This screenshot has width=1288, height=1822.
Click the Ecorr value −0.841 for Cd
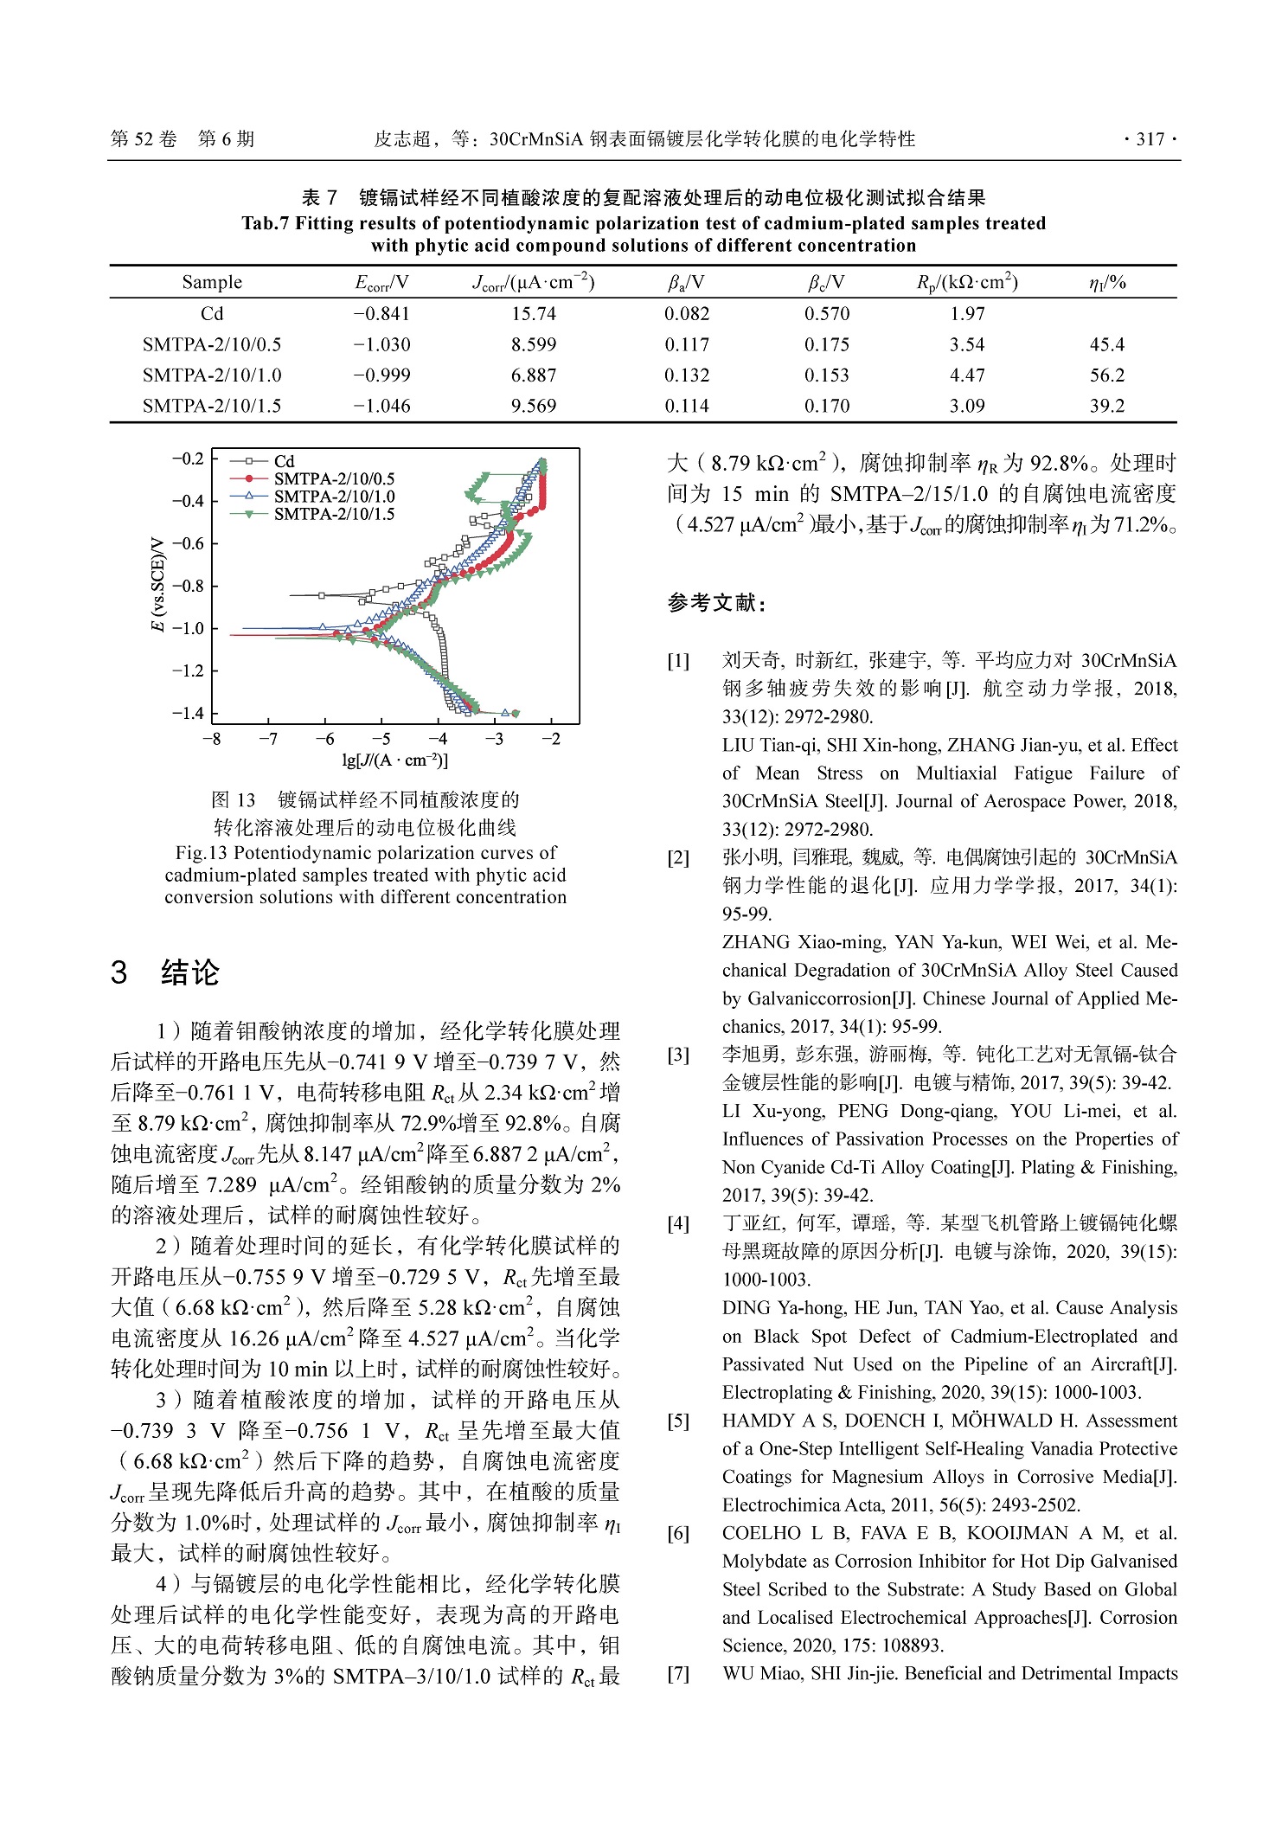[x=381, y=314]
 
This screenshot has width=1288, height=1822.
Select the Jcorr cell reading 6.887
[x=533, y=375]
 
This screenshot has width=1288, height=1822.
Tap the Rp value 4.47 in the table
[x=966, y=375]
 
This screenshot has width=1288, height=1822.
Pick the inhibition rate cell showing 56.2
[x=1106, y=375]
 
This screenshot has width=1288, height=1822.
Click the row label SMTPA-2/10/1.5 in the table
[x=212, y=406]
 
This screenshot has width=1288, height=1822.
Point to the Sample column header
[x=212, y=283]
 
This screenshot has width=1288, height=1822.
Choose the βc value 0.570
[x=827, y=314]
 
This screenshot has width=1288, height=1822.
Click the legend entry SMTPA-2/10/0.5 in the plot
[x=334, y=479]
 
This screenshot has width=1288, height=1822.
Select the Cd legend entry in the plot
[x=284, y=462]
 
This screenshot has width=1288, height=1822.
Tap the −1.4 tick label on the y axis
[x=188, y=713]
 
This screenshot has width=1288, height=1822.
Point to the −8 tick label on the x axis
[x=211, y=739]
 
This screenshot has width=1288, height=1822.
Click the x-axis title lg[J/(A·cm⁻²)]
[x=394, y=760]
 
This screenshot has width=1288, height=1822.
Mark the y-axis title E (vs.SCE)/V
[x=157, y=585]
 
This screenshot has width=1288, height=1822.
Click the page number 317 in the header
[x=1150, y=139]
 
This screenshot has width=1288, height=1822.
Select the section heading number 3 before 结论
[x=119, y=972]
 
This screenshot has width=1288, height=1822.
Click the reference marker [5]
[x=678, y=1421]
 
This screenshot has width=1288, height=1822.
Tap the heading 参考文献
[x=715, y=603]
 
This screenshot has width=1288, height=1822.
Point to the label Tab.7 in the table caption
[x=266, y=224]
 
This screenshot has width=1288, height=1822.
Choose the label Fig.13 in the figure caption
[x=202, y=853]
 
